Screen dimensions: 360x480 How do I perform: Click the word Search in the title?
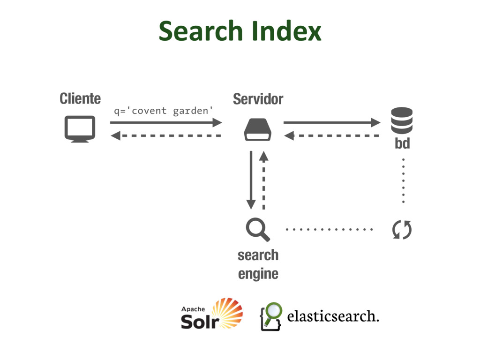tap(202, 31)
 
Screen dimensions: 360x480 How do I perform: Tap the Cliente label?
tap(80, 99)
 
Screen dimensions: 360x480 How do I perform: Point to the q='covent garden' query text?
tap(164, 111)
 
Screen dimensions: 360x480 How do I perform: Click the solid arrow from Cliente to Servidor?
tap(166, 123)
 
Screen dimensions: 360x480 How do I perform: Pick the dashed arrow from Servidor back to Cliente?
tap(166, 136)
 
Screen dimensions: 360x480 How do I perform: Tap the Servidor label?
tap(258, 99)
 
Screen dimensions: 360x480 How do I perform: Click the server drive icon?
tap(257, 130)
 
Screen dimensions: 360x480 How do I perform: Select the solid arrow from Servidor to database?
tap(332, 123)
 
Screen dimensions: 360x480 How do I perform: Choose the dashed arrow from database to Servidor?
tap(332, 136)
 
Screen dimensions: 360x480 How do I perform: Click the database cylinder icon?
tap(402, 120)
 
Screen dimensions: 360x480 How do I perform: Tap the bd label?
tap(402, 144)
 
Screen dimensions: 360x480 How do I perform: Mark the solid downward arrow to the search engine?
tap(251, 180)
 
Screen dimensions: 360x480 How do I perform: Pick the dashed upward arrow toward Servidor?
tap(263, 180)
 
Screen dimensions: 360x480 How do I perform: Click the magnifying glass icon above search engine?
tap(257, 230)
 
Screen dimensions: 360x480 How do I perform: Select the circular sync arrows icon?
tap(402, 230)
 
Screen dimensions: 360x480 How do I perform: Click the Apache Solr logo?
tap(212, 314)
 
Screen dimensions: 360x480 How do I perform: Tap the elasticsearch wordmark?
tap(332, 317)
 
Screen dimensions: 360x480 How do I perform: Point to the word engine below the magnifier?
tap(258, 274)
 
